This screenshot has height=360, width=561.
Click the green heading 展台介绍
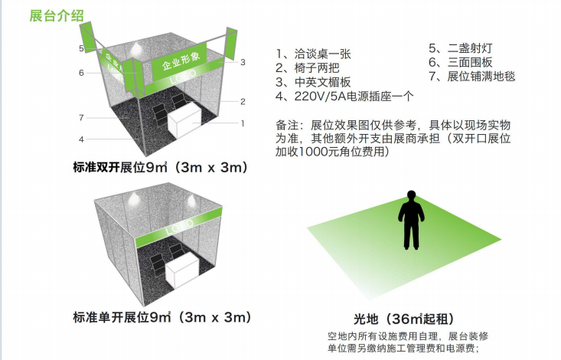pyautogui.click(x=57, y=16)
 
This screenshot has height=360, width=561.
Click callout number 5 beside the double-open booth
pyautogui.click(x=82, y=48)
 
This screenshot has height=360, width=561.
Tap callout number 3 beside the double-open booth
pyautogui.click(x=243, y=62)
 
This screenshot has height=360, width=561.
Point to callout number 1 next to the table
pyautogui.click(x=243, y=123)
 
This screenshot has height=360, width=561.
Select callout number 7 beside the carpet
pyautogui.click(x=82, y=117)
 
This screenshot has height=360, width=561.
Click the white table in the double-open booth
pyautogui.click(x=184, y=119)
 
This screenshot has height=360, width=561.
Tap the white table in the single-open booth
pyautogui.click(x=181, y=271)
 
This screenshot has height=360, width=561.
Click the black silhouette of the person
pyautogui.click(x=411, y=220)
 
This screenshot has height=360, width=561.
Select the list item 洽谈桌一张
pyautogui.click(x=313, y=54)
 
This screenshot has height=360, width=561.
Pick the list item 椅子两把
pyautogui.click(x=308, y=67)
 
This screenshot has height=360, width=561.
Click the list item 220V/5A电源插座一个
pyautogui.click(x=344, y=96)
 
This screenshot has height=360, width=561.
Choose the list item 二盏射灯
pyautogui.click(x=461, y=48)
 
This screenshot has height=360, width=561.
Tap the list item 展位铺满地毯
pyautogui.click(x=472, y=76)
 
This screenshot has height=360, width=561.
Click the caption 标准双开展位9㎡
pyautogui.click(x=120, y=167)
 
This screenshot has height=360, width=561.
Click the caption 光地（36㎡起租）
pyautogui.click(x=405, y=319)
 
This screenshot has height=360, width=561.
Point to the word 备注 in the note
pyautogui.click(x=287, y=125)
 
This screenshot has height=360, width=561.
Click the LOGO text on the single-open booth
pyautogui.click(x=179, y=227)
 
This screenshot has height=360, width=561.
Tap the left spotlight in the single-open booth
pyautogui.click(x=134, y=198)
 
